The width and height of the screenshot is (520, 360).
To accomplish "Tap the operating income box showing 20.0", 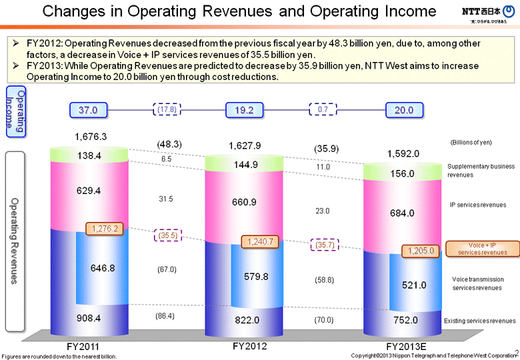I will [x=403, y=110].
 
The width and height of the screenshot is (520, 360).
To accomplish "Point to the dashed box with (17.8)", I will [x=167, y=110].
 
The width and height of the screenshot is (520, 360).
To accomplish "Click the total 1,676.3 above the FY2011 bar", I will [x=91, y=137].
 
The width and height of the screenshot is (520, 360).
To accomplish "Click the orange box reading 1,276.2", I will [x=104, y=228].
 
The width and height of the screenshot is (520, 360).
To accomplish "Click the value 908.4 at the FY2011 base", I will [x=88, y=318].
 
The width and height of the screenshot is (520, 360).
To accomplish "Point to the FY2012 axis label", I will [x=249, y=346].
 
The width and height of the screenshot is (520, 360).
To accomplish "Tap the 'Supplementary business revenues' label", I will [x=481, y=170].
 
